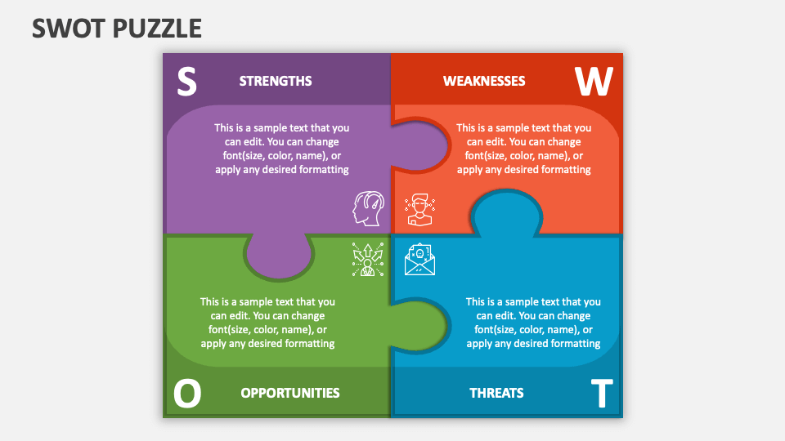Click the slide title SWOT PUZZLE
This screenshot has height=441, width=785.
point(117,28)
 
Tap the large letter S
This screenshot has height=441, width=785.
point(187,82)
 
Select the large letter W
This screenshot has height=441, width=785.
point(593,82)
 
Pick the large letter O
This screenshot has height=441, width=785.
point(187,394)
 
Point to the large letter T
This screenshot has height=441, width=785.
point(601,394)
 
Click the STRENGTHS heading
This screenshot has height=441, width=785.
point(276,81)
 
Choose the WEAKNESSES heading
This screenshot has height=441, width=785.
point(484,81)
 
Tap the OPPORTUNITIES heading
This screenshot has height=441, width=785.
point(290,393)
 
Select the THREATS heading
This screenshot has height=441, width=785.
point(496,393)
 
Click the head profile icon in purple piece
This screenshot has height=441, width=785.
point(368,209)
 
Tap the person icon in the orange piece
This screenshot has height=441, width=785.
point(419,209)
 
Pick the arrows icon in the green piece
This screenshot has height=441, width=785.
point(367,260)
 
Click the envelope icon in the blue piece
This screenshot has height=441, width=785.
point(419,260)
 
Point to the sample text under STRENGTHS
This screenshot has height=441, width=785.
point(282,149)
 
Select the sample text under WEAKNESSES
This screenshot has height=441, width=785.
point(523,149)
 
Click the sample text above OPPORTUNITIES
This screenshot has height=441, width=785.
point(267,323)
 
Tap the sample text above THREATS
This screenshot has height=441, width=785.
point(533,323)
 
